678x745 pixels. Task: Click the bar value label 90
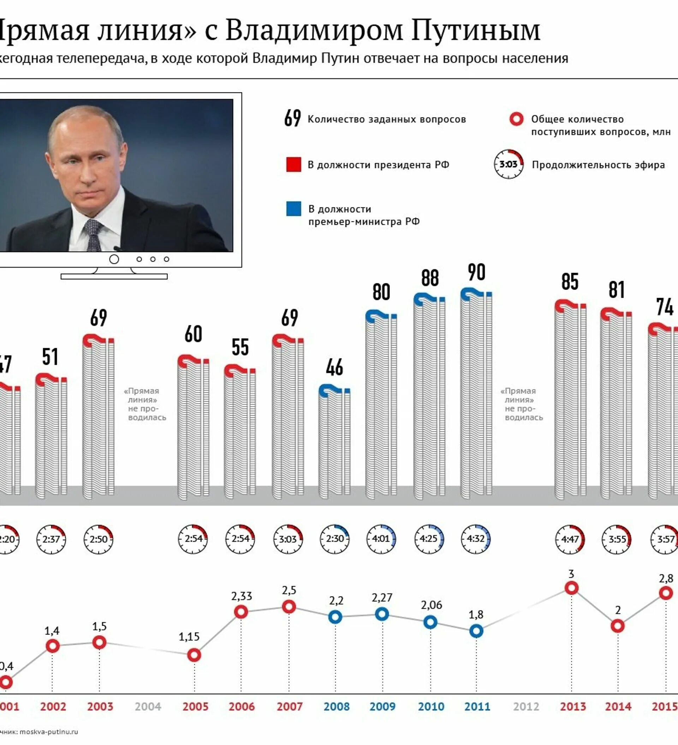(x=476, y=272)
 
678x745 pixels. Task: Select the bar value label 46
(x=334, y=367)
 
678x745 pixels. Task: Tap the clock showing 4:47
(x=570, y=539)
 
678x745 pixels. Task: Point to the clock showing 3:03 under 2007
(x=288, y=539)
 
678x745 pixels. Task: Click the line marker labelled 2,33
(x=241, y=612)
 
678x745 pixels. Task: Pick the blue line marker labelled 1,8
(x=476, y=631)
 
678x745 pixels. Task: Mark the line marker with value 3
(x=571, y=588)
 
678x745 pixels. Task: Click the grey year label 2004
(x=148, y=707)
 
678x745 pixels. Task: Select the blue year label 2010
(x=431, y=707)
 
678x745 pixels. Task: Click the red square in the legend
(x=294, y=164)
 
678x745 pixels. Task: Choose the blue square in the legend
(x=294, y=209)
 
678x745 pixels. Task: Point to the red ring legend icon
(x=516, y=119)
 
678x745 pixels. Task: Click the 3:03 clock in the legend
(x=509, y=164)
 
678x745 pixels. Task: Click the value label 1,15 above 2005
(x=189, y=636)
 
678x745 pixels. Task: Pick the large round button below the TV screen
(x=114, y=259)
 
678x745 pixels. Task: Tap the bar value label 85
(x=570, y=281)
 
